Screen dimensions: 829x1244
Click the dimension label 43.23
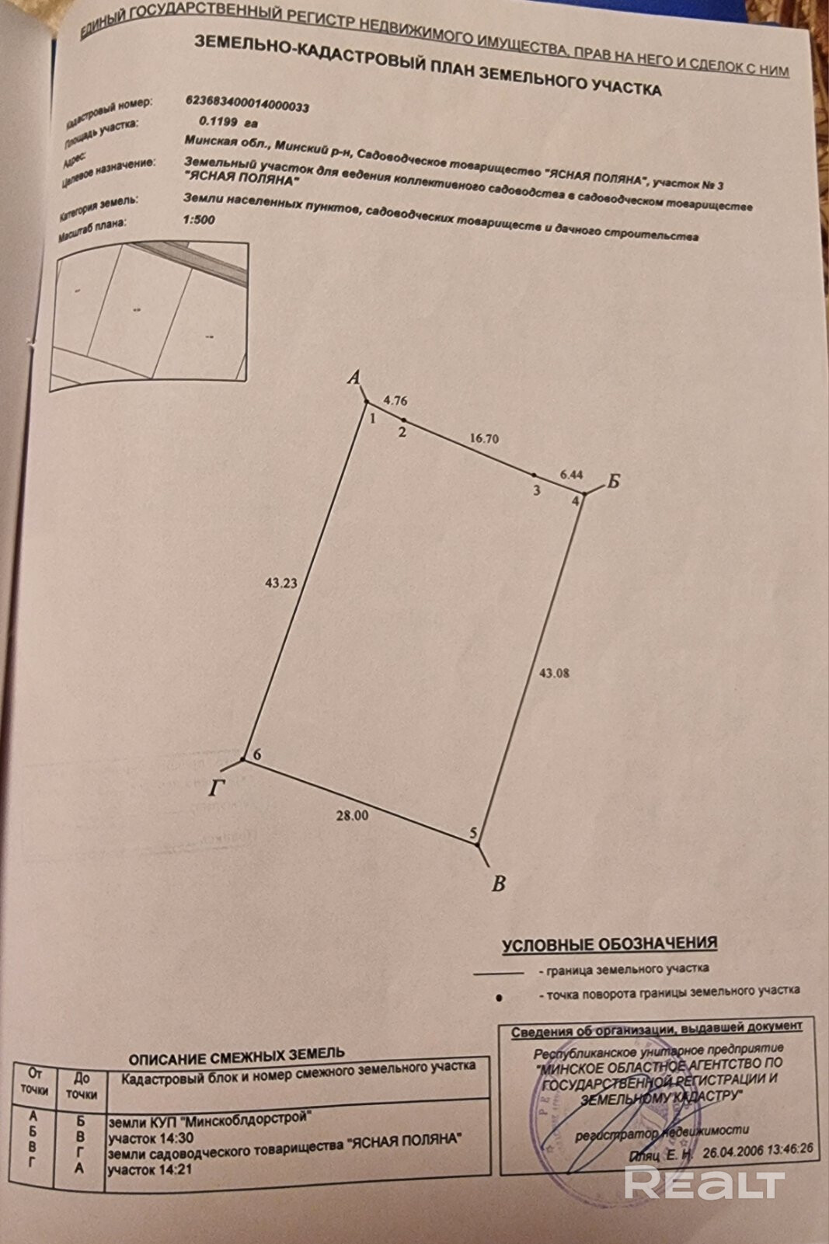(280, 582)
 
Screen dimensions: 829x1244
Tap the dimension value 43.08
(554, 673)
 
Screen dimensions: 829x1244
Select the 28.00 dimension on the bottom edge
(352, 815)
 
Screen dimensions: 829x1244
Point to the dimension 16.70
(484, 438)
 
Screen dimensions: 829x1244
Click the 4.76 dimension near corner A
(395, 401)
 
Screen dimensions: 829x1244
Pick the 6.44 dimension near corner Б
(571, 473)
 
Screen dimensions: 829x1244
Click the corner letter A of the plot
(354, 378)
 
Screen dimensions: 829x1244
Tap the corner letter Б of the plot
(613, 482)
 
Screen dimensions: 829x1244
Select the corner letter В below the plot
(499, 883)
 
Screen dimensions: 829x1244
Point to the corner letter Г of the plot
(218, 789)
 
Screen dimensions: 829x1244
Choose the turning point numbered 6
(244, 758)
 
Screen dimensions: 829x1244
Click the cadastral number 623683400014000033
(247, 103)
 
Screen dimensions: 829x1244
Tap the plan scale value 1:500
(199, 219)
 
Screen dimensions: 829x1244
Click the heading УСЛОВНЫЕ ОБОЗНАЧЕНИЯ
(609, 944)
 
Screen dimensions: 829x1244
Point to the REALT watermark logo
(704, 1183)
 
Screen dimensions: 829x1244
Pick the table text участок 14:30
(151, 1138)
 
